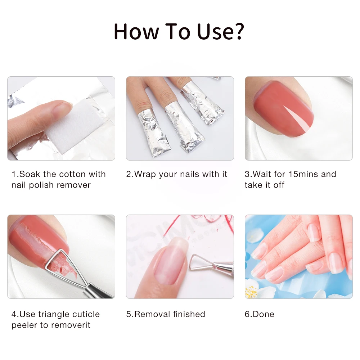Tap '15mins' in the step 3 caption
click(x=303, y=174)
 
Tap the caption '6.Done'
click(x=260, y=314)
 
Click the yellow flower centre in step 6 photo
click(x=251, y=292)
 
